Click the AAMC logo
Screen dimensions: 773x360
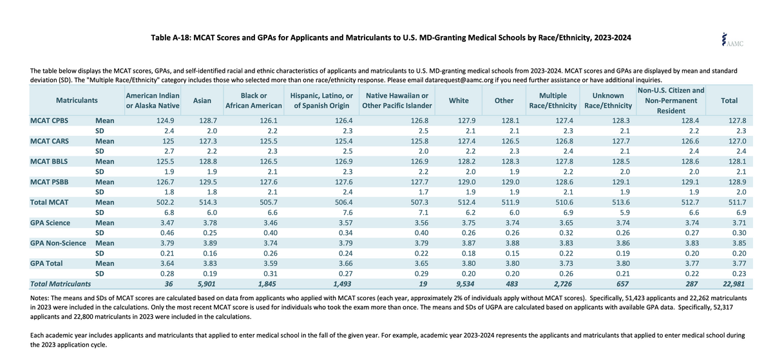pyautogui.click(x=732, y=40)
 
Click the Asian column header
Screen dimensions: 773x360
pyautogui.click(x=202, y=100)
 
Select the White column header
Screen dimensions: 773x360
pyautogui.click(x=459, y=100)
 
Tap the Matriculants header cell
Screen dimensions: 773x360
pyautogui.click(x=77, y=100)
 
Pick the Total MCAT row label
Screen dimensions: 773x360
pyautogui.click(x=49, y=202)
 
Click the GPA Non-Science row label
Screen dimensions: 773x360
pyautogui.click(x=57, y=243)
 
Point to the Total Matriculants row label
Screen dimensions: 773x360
pyautogui.click(x=61, y=284)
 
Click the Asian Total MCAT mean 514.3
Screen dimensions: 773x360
pyautogui.click(x=208, y=202)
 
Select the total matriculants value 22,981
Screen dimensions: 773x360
pyautogui.click(x=734, y=284)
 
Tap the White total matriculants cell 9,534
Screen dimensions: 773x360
pyautogui.click(x=465, y=284)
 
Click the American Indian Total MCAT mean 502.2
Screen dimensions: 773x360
pyautogui.click(x=165, y=202)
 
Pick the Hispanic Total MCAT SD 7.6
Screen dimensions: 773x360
pyautogui.click(x=347, y=213)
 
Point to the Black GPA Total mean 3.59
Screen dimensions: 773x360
pyautogui.click(x=270, y=263)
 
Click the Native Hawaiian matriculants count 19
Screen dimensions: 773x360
pyautogui.click(x=423, y=284)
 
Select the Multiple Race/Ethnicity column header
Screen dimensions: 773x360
pyautogui.click(x=553, y=100)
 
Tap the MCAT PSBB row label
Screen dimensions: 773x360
pyautogui.click(x=49, y=182)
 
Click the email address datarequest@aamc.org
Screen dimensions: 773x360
pyautogui.click(x=459, y=80)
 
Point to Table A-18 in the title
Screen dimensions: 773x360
pyautogui.click(x=171, y=37)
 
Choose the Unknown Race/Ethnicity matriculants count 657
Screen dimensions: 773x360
pyautogui.click(x=622, y=284)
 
